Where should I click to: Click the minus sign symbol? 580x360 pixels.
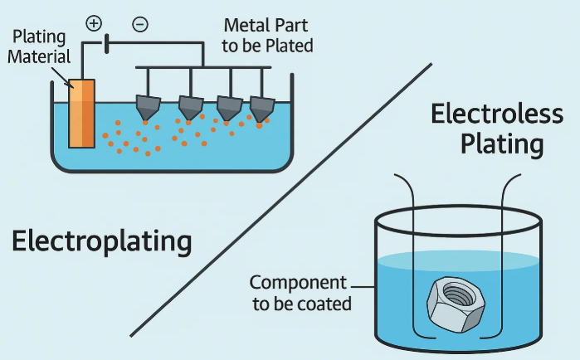click(x=140, y=24)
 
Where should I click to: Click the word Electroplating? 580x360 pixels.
click(x=101, y=242)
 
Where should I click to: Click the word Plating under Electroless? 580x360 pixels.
click(x=502, y=144)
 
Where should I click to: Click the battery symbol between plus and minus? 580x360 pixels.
click(x=105, y=41)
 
